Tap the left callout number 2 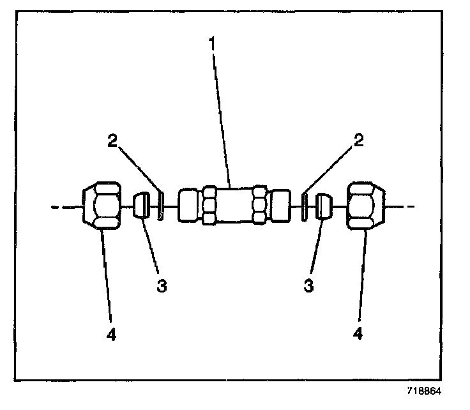coord(113,142)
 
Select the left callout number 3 coord(162,285)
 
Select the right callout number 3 coord(309,285)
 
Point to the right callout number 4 coord(359,332)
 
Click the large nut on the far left coord(102,206)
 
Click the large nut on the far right coord(367,206)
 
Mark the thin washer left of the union coord(160,206)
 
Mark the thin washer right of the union coord(305,206)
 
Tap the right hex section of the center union coord(259,205)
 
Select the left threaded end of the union coord(190,205)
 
